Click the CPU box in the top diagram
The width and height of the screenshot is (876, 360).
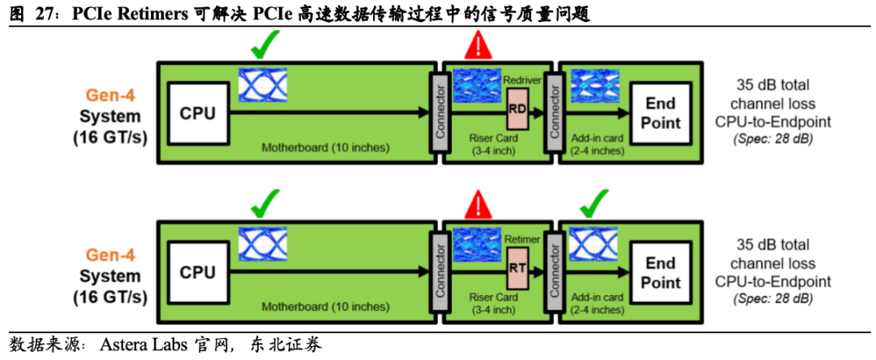tap(198, 114)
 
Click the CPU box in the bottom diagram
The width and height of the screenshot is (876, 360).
tap(198, 272)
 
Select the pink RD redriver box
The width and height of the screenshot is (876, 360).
tap(517, 109)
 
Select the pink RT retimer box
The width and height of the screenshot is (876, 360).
tap(517, 268)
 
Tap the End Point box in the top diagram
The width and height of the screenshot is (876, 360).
tap(660, 114)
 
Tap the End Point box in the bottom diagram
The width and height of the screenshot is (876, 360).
tap(660, 272)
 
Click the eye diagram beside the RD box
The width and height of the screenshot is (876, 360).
tap(477, 87)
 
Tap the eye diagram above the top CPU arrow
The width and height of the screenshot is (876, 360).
tap(263, 85)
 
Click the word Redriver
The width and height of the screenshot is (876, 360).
tap(522, 79)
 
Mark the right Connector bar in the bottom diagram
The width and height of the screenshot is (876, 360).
tap(555, 272)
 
